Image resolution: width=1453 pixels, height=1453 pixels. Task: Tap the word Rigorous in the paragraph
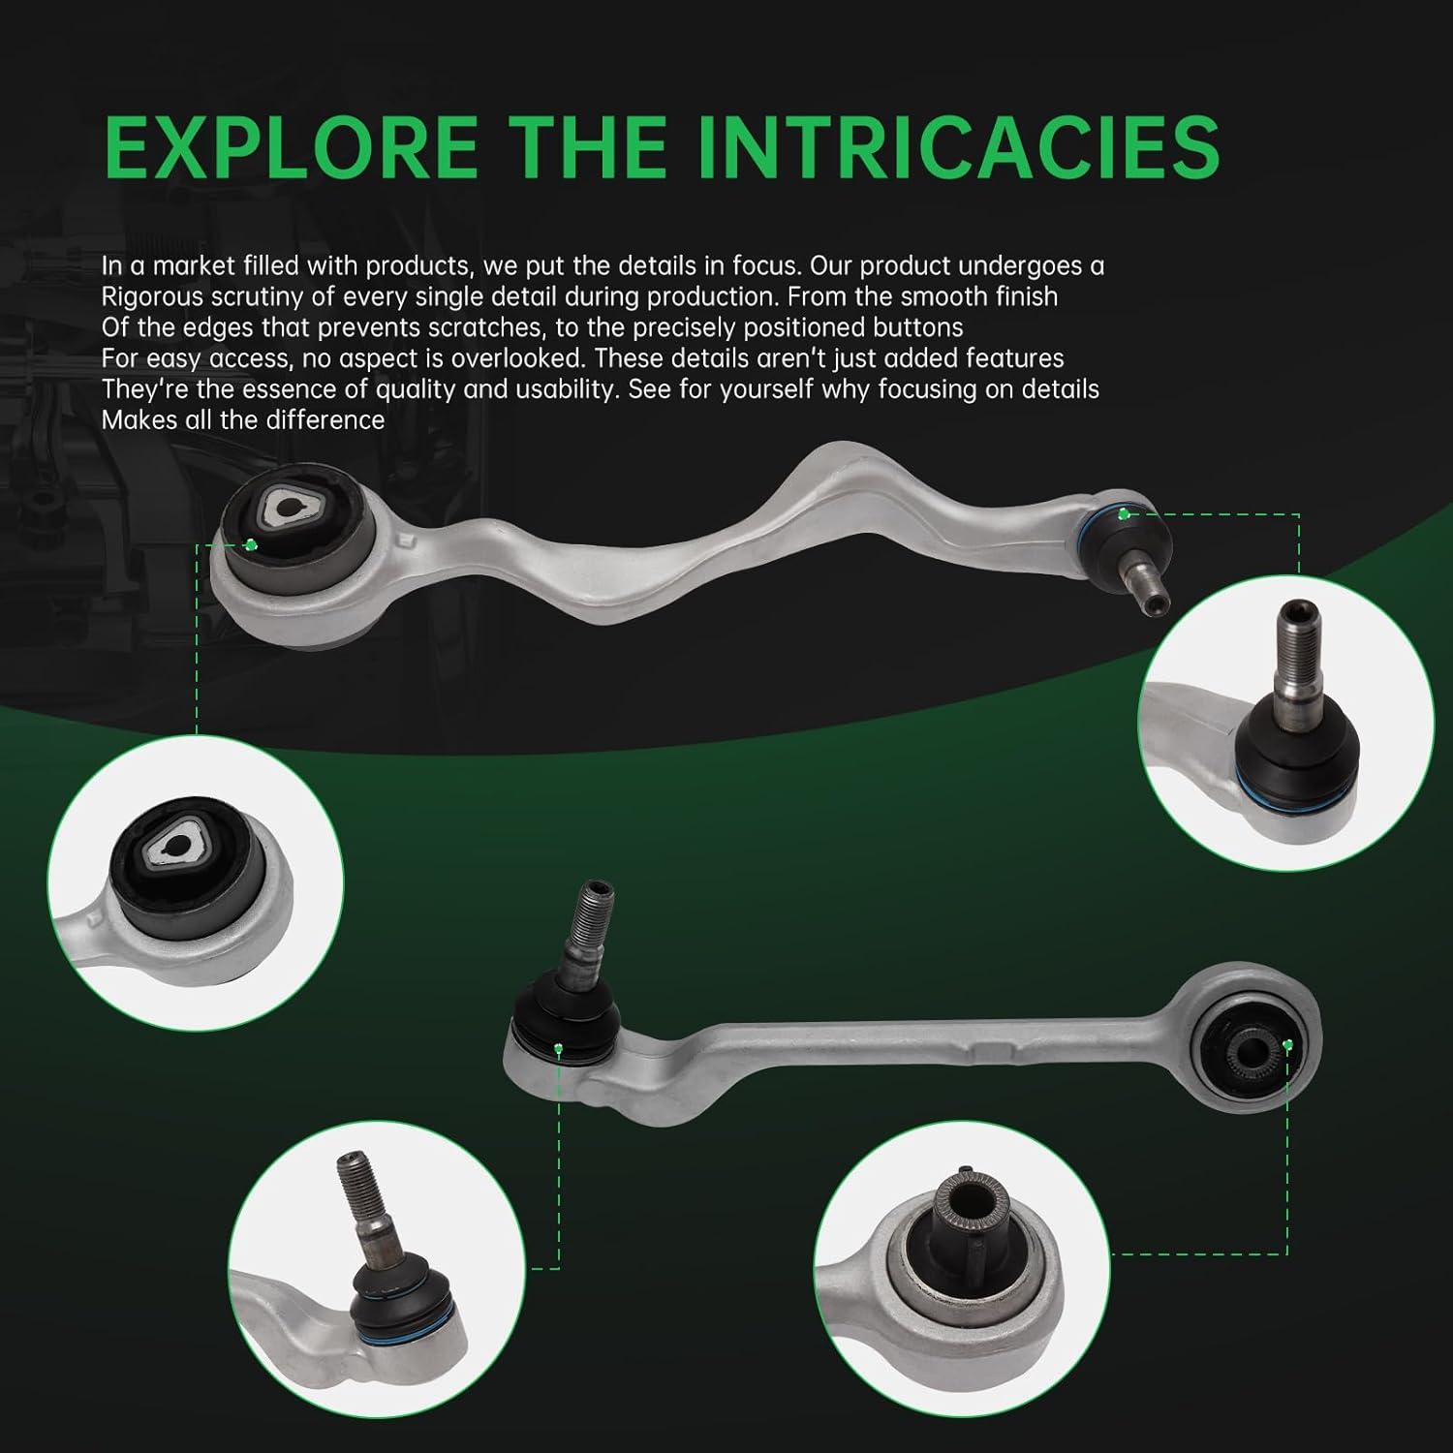[154, 296]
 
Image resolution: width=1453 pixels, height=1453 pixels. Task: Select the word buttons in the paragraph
[911, 326]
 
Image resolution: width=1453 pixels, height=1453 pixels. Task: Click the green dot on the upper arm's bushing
[251, 544]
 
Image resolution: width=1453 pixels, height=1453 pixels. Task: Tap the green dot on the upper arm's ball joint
[1124, 513]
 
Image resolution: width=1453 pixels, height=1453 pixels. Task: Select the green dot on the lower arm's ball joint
[559, 1048]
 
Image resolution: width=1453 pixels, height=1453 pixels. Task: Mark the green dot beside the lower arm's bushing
[1287, 1043]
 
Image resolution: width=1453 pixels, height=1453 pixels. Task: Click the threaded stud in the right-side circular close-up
[1294, 650]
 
